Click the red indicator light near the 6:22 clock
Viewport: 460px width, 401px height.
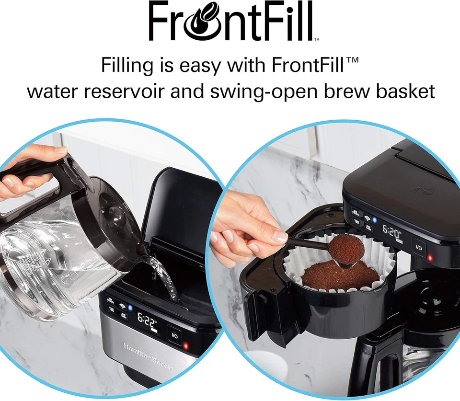click(x=186, y=345)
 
